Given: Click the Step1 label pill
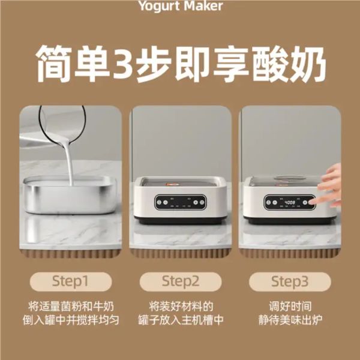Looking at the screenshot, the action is click(x=71, y=281).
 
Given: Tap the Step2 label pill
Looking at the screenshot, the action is click(x=181, y=281).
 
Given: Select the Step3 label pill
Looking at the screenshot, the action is click(x=290, y=281).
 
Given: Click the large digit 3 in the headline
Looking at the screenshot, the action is click(x=124, y=63).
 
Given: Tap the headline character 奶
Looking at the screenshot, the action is click(x=308, y=64).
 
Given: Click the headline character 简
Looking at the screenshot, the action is click(x=54, y=64).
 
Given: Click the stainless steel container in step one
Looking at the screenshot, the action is click(x=70, y=194).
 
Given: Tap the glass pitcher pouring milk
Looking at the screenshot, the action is click(x=62, y=124).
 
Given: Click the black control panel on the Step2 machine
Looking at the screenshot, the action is click(x=180, y=202).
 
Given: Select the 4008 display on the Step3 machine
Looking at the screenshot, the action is click(x=290, y=203).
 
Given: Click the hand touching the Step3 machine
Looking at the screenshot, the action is click(x=328, y=186).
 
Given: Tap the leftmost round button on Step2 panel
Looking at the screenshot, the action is click(x=159, y=202).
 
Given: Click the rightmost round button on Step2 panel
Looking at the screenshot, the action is click(x=202, y=202).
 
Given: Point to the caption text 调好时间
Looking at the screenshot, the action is click(x=290, y=306).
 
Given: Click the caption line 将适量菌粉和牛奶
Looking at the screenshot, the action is click(x=71, y=306).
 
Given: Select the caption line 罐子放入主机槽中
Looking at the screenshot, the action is click(x=181, y=320).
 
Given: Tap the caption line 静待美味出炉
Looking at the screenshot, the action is click(x=290, y=320).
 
